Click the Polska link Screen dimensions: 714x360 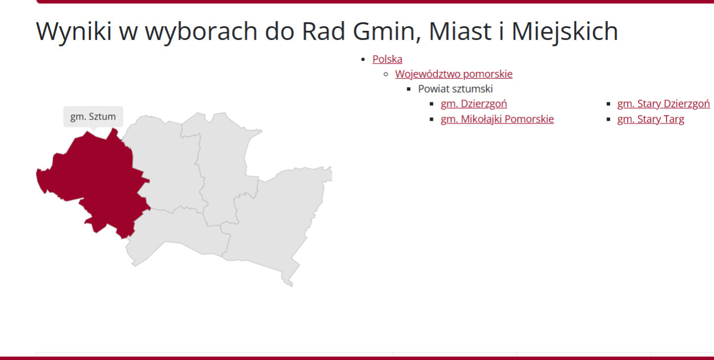[387, 59]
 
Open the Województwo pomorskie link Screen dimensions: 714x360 [454, 74]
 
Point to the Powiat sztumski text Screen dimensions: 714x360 [455, 89]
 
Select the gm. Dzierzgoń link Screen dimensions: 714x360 [474, 104]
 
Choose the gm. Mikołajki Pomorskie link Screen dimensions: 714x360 [498, 119]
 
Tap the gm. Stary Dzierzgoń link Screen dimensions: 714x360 [663, 104]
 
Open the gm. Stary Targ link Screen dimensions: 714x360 [651, 119]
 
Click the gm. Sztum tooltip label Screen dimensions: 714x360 [93, 117]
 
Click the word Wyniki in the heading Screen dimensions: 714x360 [74, 31]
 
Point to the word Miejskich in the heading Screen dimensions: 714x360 [564, 31]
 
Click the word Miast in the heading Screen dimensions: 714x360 [460, 31]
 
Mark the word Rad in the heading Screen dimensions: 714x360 [323, 31]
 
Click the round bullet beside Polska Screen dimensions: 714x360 [363, 59]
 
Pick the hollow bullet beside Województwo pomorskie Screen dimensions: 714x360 [386, 74]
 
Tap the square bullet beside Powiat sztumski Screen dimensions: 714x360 [408, 89]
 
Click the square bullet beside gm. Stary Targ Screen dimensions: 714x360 [608, 119]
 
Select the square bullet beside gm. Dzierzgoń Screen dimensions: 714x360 [432, 104]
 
